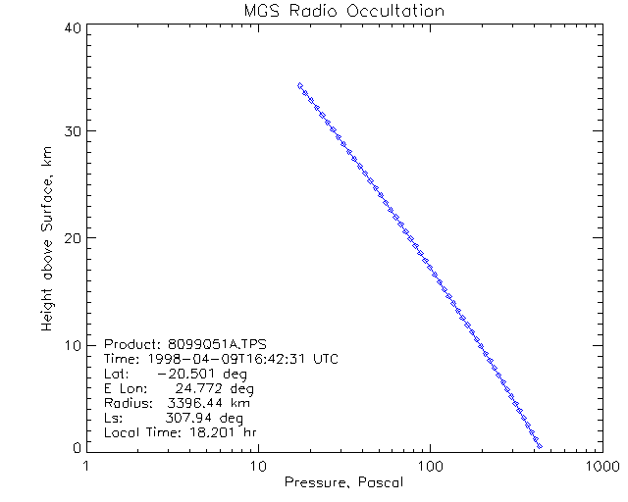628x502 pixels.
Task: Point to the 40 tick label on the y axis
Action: [x=71, y=27]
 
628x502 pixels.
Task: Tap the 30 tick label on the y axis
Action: [x=71, y=132]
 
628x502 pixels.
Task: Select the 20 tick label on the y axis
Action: [x=71, y=237]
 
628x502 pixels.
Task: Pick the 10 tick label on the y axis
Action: [x=71, y=343]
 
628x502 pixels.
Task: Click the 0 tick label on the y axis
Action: [x=75, y=448]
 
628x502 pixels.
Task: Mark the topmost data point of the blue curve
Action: [x=299, y=85]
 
